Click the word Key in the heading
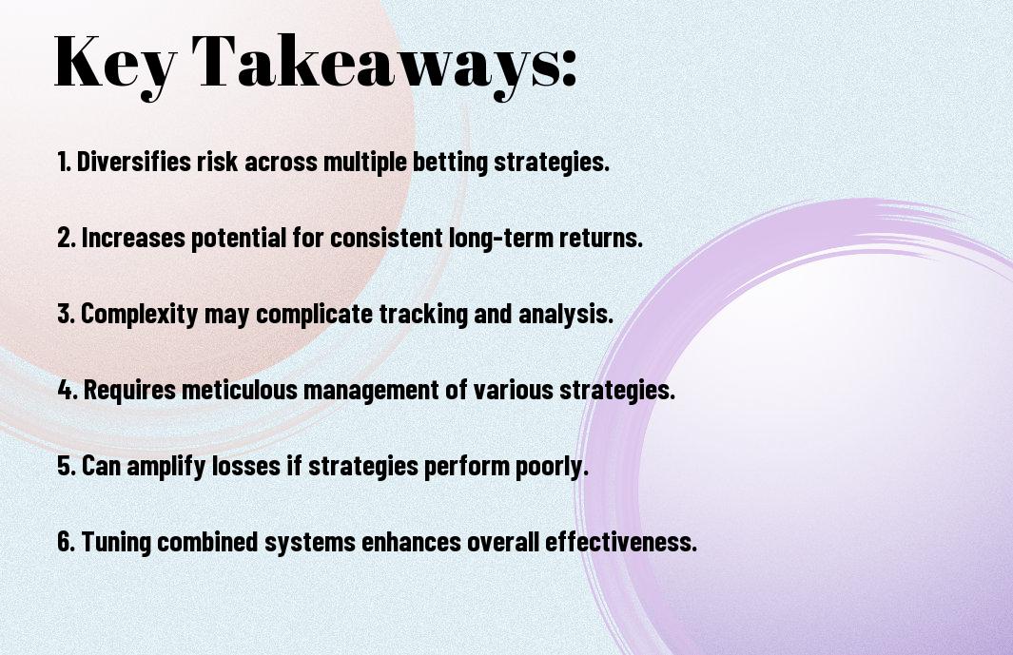[115, 63]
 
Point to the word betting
[450, 162]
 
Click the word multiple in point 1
[365, 162]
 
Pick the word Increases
[133, 238]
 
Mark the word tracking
[423, 314]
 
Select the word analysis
[566, 314]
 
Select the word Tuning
[117, 542]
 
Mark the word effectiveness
[621, 542]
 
